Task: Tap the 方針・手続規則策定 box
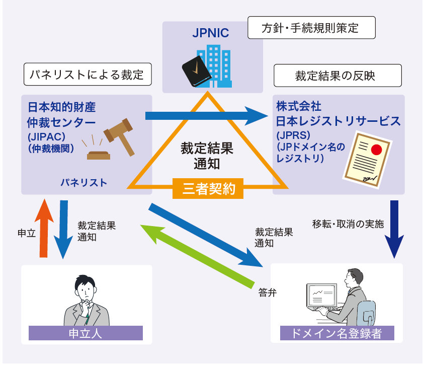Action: tap(312, 28)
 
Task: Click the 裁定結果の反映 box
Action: tap(337, 76)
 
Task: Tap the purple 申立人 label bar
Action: tap(86, 333)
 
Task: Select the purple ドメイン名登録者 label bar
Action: tap(336, 333)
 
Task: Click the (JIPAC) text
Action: tap(46, 138)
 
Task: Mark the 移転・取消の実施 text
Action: tap(348, 225)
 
